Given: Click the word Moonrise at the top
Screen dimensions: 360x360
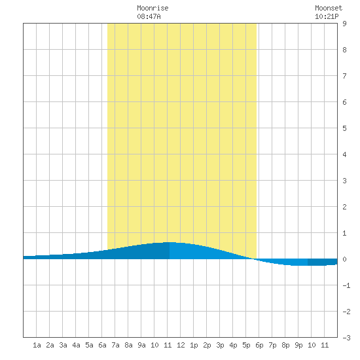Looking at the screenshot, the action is (x=153, y=8).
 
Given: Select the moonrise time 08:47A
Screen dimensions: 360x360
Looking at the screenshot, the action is (x=149, y=16).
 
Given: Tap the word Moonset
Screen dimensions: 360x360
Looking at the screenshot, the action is (x=329, y=8).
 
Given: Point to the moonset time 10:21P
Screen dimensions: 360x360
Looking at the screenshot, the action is (x=327, y=16).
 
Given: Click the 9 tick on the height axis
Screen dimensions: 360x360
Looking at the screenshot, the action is (x=344, y=24).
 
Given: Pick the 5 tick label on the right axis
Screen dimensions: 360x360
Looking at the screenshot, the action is (x=344, y=128).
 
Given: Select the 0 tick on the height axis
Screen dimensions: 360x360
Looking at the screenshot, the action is (x=344, y=259).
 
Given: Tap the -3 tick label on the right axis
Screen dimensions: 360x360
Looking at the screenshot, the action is (x=346, y=338).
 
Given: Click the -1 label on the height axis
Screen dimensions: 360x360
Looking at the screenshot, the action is (x=346, y=285).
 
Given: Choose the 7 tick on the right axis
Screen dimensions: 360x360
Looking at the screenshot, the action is (x=344, y=76).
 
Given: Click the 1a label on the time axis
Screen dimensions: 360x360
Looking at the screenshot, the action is (x=37, y=345).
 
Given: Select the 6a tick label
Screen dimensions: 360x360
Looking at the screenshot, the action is (x=102, y=345).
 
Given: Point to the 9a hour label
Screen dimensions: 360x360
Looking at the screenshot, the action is (x=141, y=345).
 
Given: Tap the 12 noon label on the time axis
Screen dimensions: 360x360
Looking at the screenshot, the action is (x=181, y=345).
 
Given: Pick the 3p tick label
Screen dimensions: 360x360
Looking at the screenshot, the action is (x=220, y=345).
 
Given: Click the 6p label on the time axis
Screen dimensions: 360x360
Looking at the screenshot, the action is (x=259, y=345).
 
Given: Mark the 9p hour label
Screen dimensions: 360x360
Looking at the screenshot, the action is (x=298, y=345).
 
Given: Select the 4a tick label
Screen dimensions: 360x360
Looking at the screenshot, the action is (x=76, y=345).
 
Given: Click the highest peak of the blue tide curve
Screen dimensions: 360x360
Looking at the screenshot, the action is (x=170, y=242).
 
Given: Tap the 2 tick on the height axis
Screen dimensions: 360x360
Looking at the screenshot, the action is (x=344, y=207).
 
